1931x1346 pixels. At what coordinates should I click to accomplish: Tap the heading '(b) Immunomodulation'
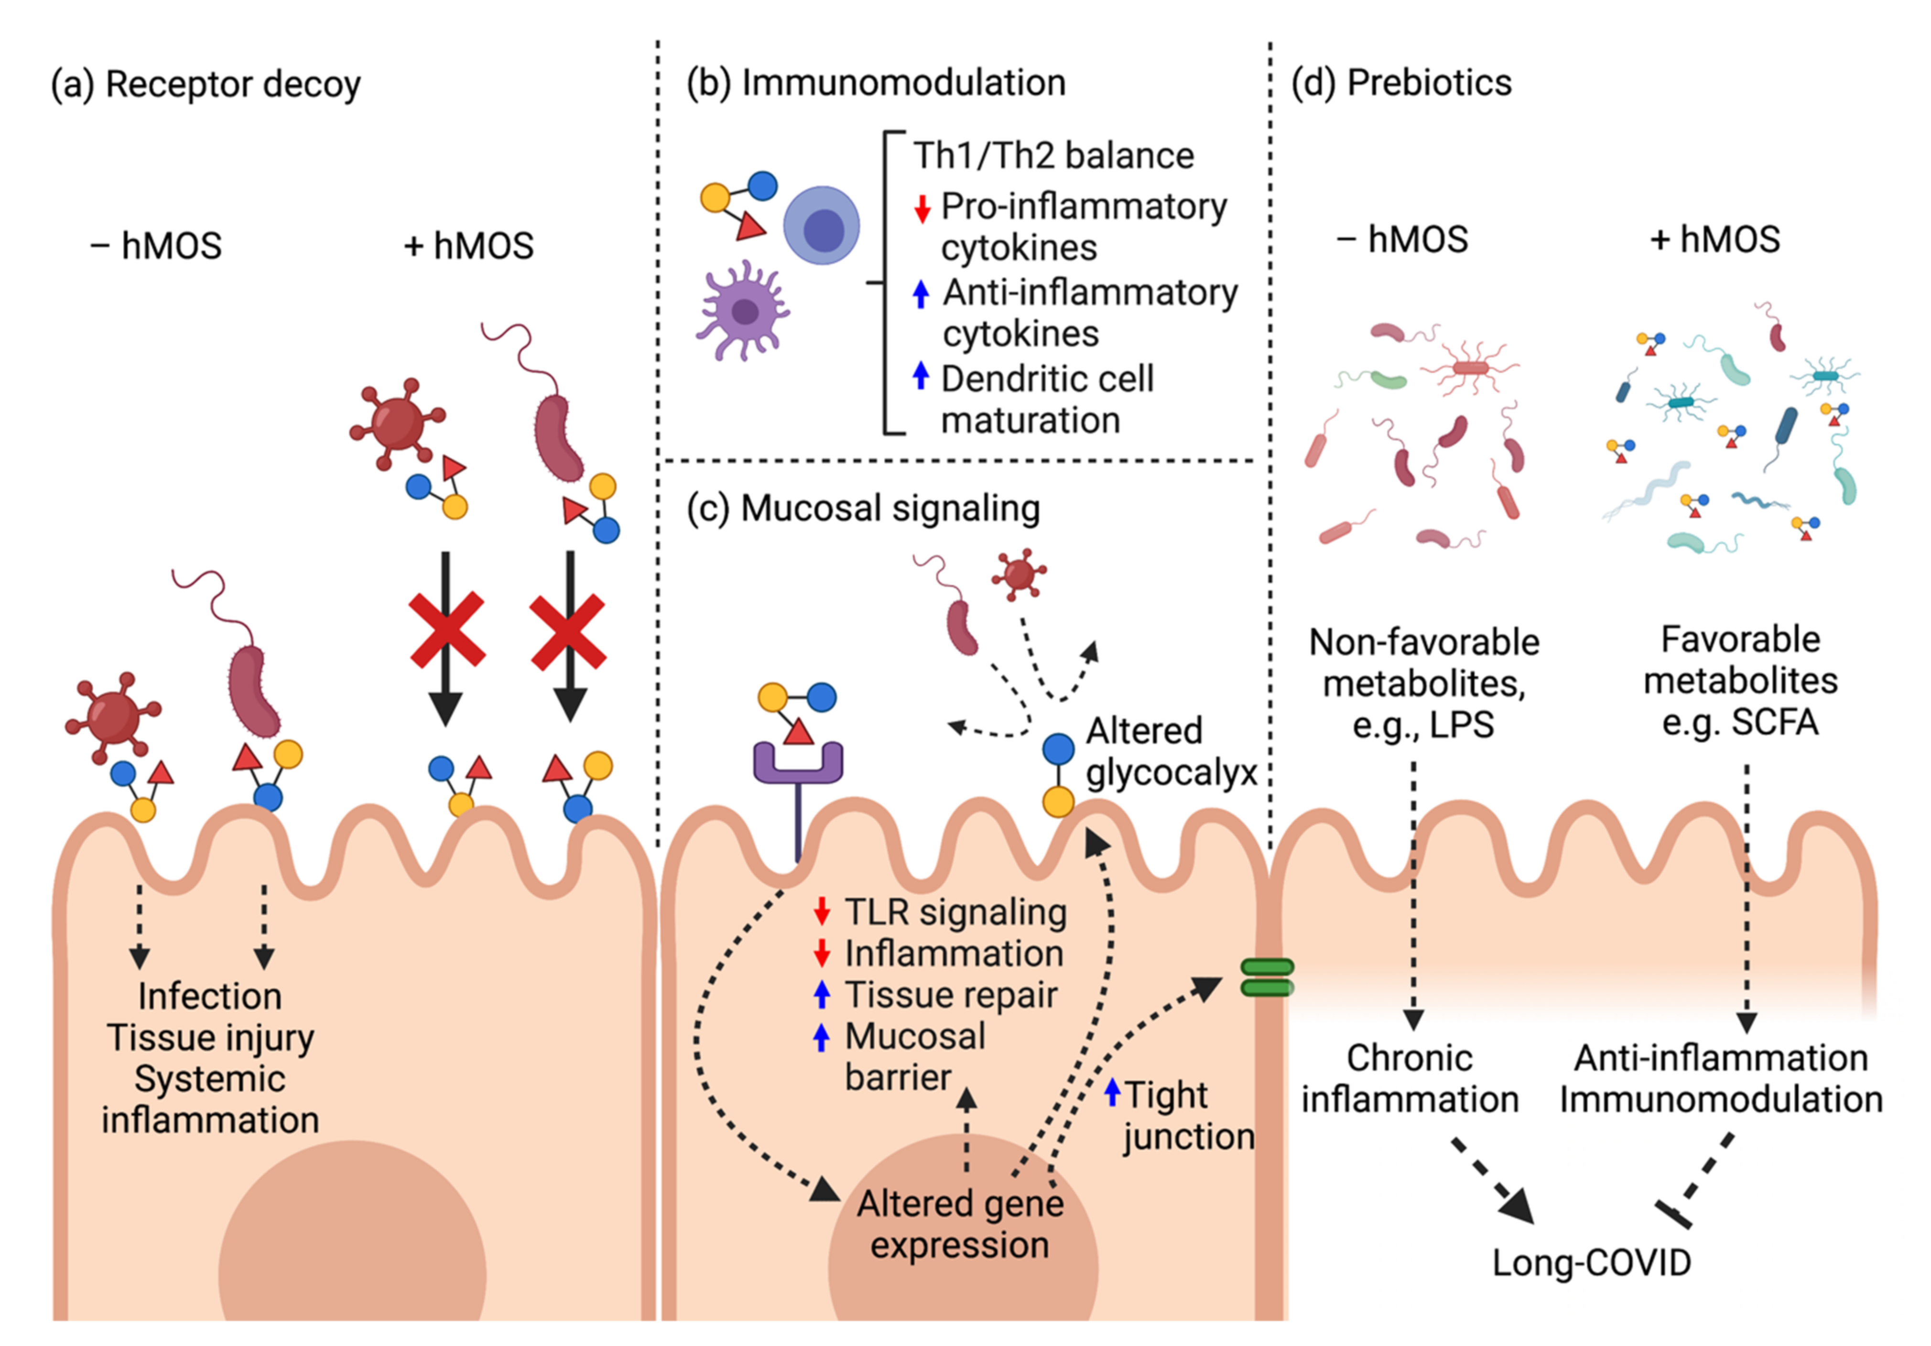tap(876, 82)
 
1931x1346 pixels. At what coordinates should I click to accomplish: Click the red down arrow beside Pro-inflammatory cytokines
tap(922, 208)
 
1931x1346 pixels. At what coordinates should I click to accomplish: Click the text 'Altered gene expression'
tap(960, 1224)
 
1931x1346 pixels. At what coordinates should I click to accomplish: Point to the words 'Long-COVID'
tap(1591, 1262)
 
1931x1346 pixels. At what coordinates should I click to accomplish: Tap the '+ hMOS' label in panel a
tap(468, 246)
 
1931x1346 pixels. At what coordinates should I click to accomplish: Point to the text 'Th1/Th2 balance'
tap(1053, 156)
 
